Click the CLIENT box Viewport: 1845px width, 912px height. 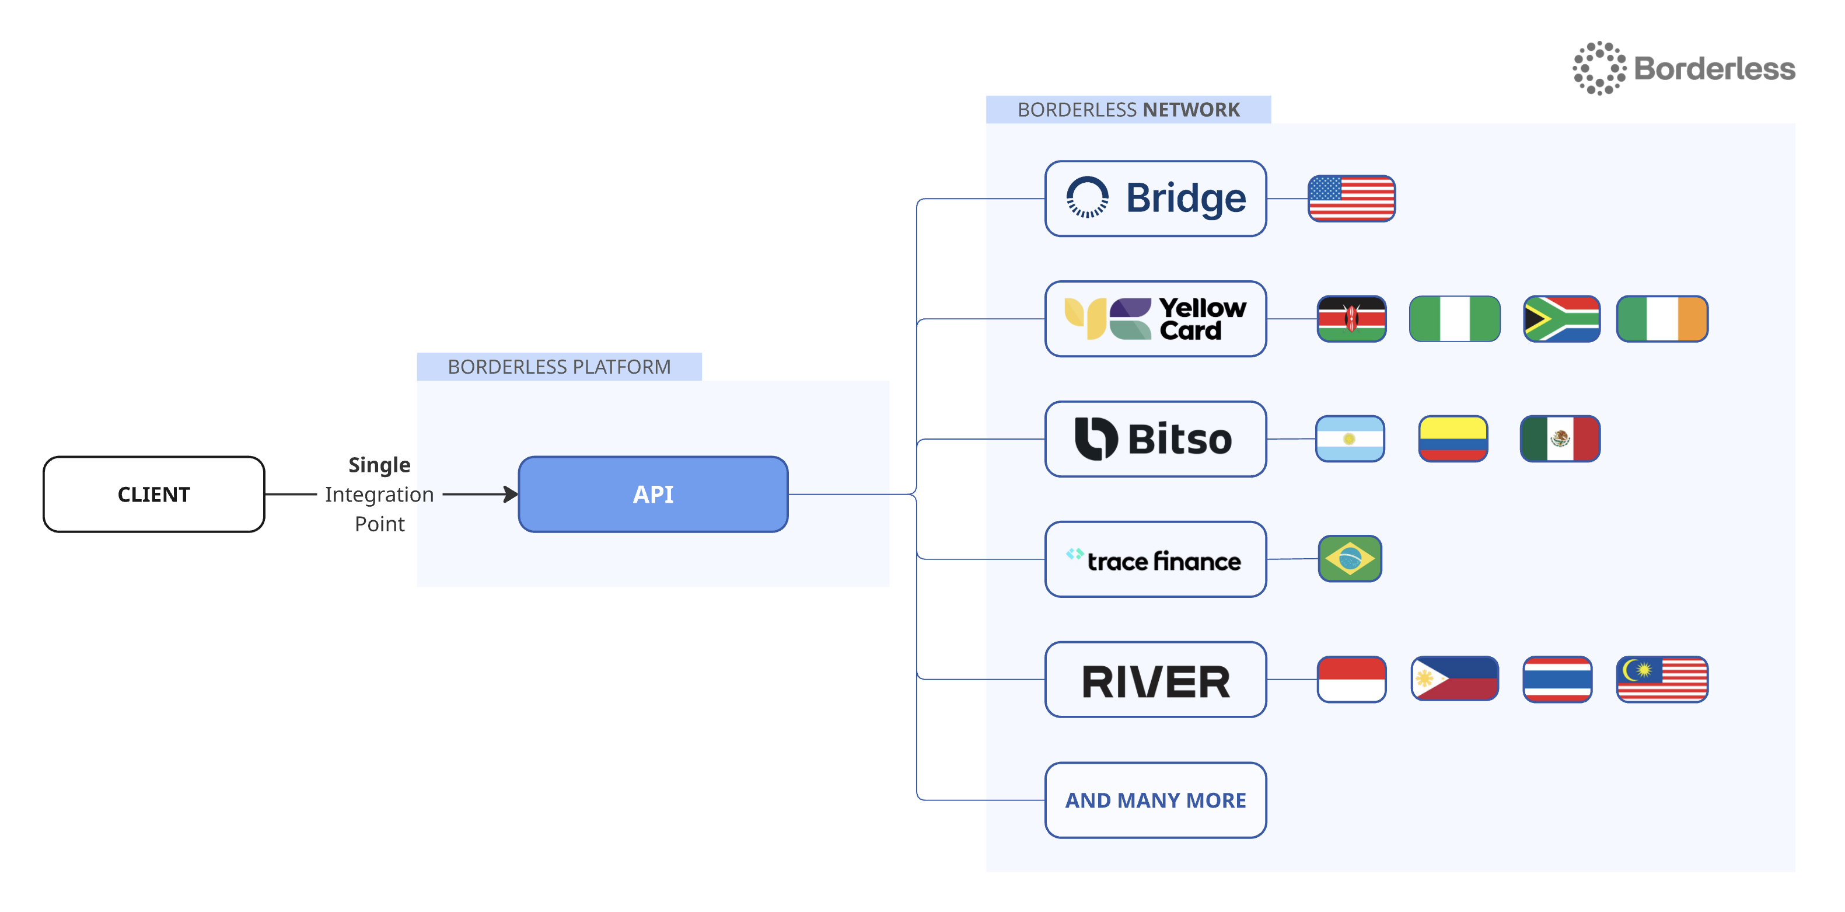tap(153, 495)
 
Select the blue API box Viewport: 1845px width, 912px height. tap(652, 495)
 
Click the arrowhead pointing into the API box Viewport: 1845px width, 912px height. tap(511, 495)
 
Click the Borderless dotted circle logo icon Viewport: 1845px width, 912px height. tap(1599, 68)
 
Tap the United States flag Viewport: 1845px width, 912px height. tap(1351, 199)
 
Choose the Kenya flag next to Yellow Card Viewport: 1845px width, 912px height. tap(1351, 319)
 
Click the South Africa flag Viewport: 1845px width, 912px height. tap(1561, 319)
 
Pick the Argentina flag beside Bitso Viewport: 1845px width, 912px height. tap(1350, 438)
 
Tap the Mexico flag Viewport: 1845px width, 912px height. tap(1559, 438)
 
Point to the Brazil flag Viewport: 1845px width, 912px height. tap(1350, 559)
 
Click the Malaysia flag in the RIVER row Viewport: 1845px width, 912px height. tap(1662, 679)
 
